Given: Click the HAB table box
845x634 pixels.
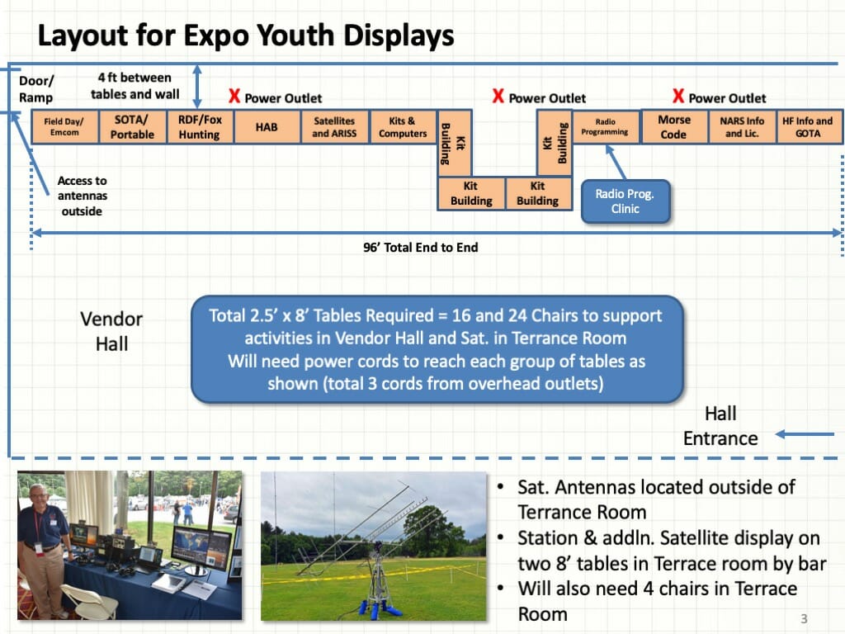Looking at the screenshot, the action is tap(267, 127).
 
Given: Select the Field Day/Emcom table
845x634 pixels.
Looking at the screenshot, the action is tap(64, 127).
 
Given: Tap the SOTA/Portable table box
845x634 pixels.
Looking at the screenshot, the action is tap(133, 127).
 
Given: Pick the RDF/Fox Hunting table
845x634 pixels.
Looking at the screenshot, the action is tap(200, 127).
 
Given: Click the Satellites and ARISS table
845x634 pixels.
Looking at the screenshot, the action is tap(335, 127).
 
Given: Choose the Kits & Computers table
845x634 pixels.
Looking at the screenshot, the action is tap(403, 127).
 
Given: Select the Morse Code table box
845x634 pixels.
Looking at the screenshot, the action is tap(673, 127).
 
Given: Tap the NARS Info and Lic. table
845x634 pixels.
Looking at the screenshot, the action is tap(742, 127).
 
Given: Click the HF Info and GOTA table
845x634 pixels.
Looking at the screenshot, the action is tap(809, 127).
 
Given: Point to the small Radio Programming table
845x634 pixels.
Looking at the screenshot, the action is tap(605, 127).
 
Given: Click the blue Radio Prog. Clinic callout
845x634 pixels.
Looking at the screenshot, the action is tap(625, 201).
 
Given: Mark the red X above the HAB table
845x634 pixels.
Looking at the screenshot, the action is tap(234, 96).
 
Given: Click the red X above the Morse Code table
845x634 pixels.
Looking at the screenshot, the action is tap(678, 96).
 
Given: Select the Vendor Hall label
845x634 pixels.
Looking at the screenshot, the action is tap(111, 331).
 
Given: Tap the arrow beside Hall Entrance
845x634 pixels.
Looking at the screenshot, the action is tap(805, 434).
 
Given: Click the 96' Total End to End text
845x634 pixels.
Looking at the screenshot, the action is tap(420, 248).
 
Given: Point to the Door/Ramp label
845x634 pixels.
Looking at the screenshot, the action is tap(36, 89).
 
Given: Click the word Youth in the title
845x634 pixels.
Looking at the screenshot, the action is tap(295, 35).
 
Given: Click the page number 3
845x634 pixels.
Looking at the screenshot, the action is tap(804, 618).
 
